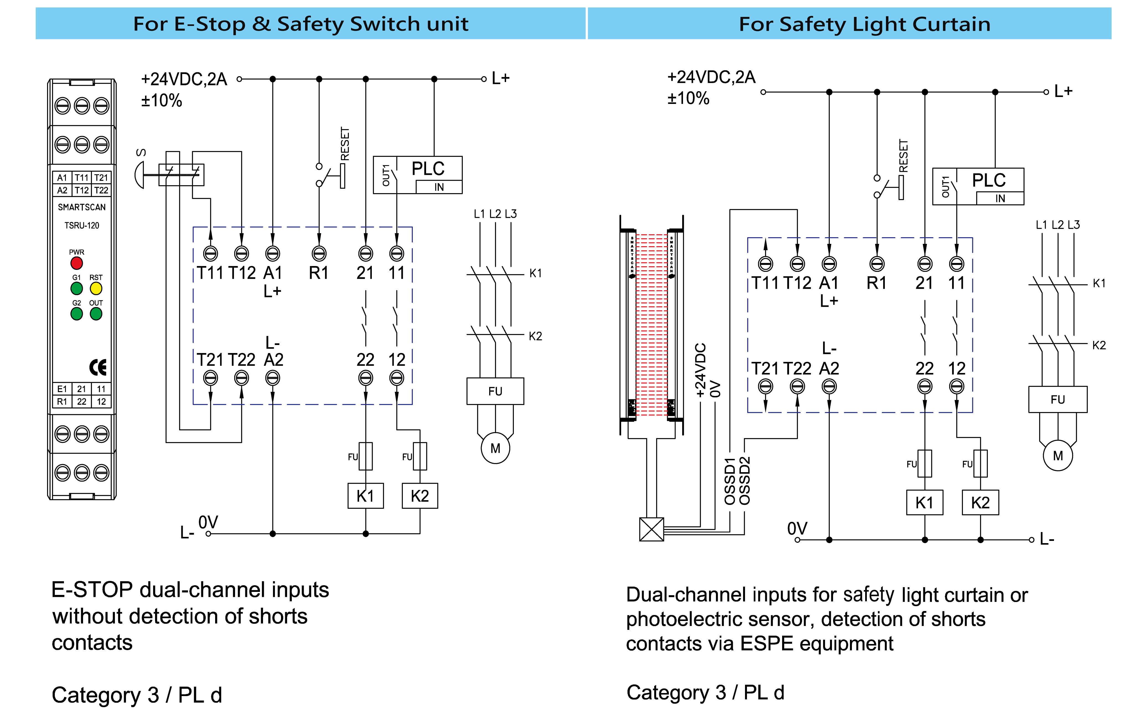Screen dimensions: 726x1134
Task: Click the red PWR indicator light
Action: point(76,263)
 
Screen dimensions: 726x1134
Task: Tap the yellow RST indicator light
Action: point(96,288)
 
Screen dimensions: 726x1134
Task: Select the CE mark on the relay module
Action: point(98,367)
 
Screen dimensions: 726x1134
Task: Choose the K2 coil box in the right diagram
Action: point(980,503)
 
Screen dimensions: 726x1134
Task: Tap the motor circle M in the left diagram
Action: point(495,448)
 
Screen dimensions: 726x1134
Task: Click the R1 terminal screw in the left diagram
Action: point(319,254)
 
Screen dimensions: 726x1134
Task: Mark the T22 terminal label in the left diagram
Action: point(242,360)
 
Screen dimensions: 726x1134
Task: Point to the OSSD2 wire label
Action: point(744,481)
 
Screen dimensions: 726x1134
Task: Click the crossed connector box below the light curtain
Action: point(651,530)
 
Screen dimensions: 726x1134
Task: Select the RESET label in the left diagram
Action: point(345,144)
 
